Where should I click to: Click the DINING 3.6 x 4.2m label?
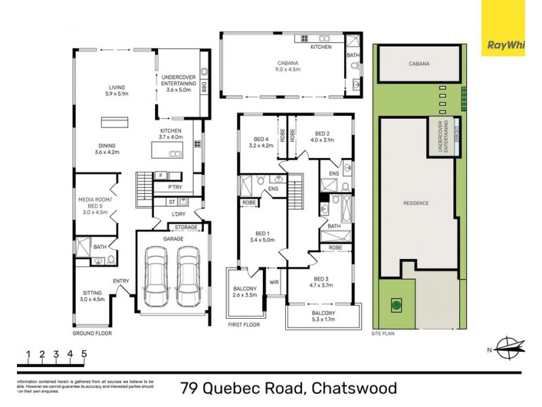pos(106,149)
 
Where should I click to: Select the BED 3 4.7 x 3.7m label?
pos(320,282)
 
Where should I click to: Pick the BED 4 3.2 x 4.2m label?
pos(260,142)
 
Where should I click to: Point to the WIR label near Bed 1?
pos(274,282)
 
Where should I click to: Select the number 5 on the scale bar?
pos(84,353)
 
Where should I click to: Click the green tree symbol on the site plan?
pos(395,305)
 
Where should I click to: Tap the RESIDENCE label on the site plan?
pos(415,203)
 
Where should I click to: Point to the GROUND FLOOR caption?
pos(92,334)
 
